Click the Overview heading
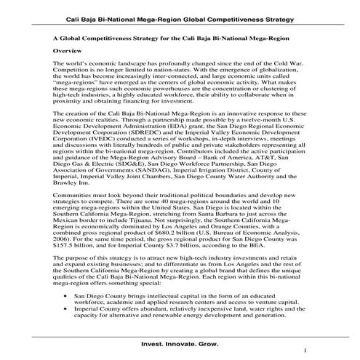point(70,53)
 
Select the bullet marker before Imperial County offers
point(67,313)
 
